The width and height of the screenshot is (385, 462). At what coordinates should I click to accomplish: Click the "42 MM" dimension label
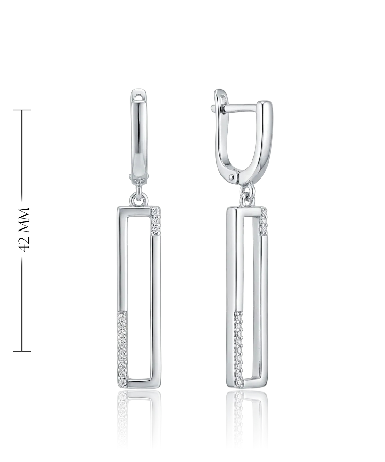(x=24, y=229)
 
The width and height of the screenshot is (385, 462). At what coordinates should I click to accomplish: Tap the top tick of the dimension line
(x=22, y=110)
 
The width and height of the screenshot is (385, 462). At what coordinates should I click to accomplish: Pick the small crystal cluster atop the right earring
(x=263, y=221)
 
